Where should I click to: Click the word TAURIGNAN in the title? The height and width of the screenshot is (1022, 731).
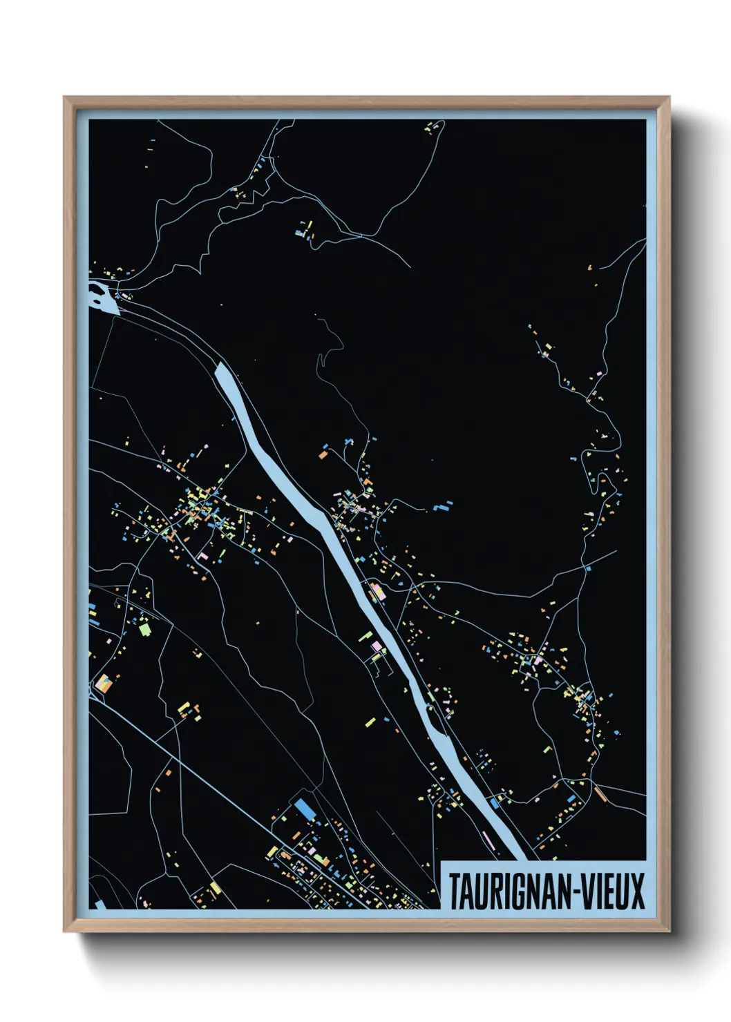(507, 891)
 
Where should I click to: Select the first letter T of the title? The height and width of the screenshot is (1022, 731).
(455, 891)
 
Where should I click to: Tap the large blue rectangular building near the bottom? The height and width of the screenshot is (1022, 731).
(304, 809)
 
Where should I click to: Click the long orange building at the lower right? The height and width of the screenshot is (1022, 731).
(600, 794)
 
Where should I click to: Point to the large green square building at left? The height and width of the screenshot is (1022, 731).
(144, 629)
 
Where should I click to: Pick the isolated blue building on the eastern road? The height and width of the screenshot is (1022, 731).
(588, 568)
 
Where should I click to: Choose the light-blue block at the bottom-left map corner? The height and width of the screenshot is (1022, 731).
(99, 904)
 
